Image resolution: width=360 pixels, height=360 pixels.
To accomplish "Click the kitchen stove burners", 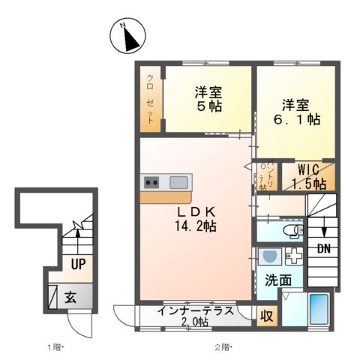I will [151, 182].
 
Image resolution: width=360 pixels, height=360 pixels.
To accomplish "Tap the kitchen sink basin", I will [179, 182].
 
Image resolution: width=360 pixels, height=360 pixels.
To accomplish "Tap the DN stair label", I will [323, 248].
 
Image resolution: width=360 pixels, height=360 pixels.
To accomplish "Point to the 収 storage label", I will [265, 315].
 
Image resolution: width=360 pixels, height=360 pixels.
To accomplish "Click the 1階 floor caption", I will [55, 347].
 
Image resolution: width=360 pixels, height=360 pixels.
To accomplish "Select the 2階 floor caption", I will [223, 347].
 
